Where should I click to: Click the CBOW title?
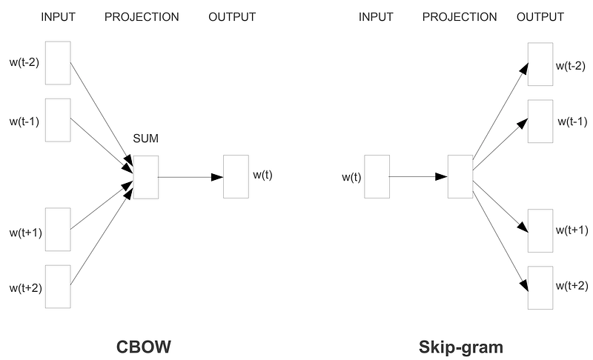pos(143,347)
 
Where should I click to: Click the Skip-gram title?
pos(460,347)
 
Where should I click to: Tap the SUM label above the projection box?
pos(145,139)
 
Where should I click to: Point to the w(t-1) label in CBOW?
pos(24,121)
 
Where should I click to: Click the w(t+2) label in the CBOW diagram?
pos(26,288)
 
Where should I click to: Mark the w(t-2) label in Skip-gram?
pos(571,66)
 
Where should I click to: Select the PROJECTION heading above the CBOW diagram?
pos(142,17)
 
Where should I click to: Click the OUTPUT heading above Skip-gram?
pos(540,17)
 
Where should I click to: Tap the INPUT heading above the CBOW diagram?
pos(59,17)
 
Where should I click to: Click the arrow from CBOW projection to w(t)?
pos(191,177)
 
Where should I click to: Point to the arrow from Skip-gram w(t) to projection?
pos(418,176)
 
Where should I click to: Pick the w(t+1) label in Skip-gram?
pos(572,230)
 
